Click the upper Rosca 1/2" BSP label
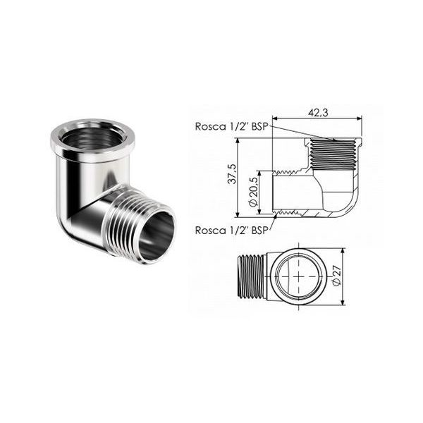coord(231,127)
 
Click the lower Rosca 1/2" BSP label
coord(231,230)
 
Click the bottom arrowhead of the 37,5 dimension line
coord(238,219)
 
